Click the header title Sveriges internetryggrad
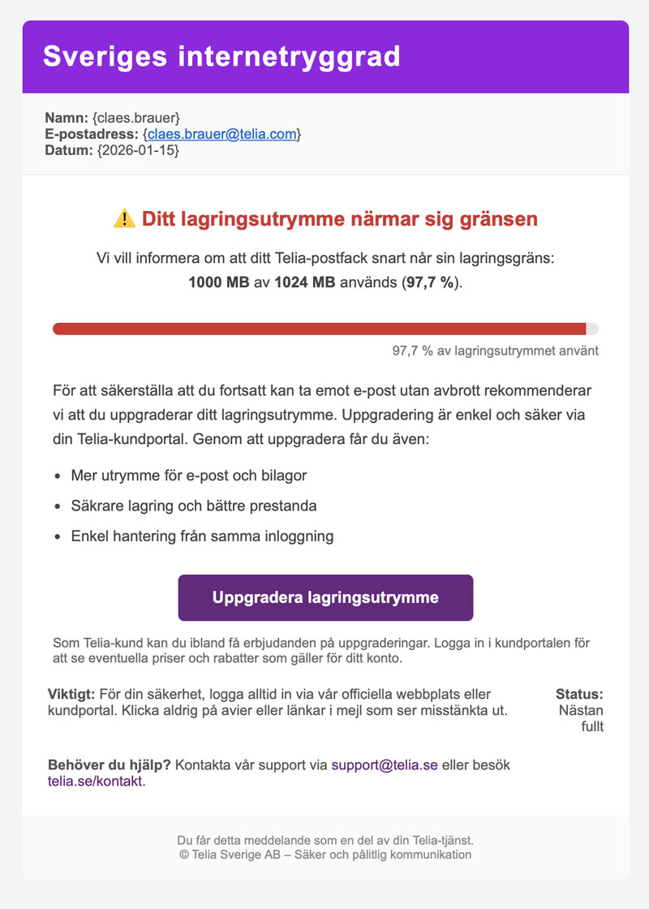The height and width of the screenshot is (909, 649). [x=221, y=57]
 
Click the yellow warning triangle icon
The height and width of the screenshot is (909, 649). [x=124, y=218]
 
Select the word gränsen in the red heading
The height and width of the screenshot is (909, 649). [x=496, y=218]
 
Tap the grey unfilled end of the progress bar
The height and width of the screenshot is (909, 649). [x=592, y=329]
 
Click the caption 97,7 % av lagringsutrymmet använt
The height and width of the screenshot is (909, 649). [x=495, y=351]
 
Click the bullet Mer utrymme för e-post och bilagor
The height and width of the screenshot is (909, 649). [x=188, y=475]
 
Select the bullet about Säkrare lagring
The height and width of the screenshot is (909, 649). [x=193, y=506]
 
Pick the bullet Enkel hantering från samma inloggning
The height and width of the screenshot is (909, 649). [x=202, y=536]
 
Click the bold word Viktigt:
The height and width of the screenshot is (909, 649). [x=72, y=695]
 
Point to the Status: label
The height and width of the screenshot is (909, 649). [x=579, y=695]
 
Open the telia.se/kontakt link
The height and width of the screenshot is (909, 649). [x=96, y=782]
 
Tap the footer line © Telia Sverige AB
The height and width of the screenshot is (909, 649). [x=324, y=855]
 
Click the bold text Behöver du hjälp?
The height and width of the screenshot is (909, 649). [x=110, y=765]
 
